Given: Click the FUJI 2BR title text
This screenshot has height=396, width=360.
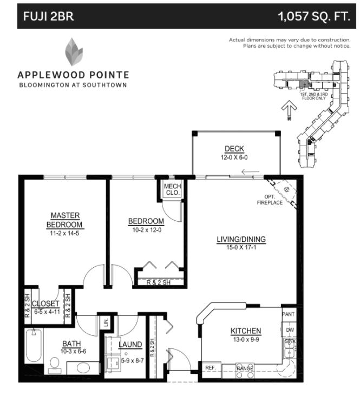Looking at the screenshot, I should [x=48, y=16].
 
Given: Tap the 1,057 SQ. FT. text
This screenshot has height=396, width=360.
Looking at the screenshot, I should [x=313, y=16].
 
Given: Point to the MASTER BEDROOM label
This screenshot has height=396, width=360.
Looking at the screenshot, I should [x=65, y=220].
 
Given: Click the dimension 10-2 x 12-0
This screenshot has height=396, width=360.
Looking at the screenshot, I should [x=146, y=229].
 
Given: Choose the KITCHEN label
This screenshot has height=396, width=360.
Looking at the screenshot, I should [x=246, y=331].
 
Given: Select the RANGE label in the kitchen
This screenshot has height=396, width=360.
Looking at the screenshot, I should [x=245, y=368].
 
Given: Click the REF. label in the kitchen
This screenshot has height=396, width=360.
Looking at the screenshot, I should [x=210, y=368].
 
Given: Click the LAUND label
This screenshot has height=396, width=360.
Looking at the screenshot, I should [x=130, y=344].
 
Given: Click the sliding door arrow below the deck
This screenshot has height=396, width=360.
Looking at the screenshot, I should [x=250, y=173].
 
